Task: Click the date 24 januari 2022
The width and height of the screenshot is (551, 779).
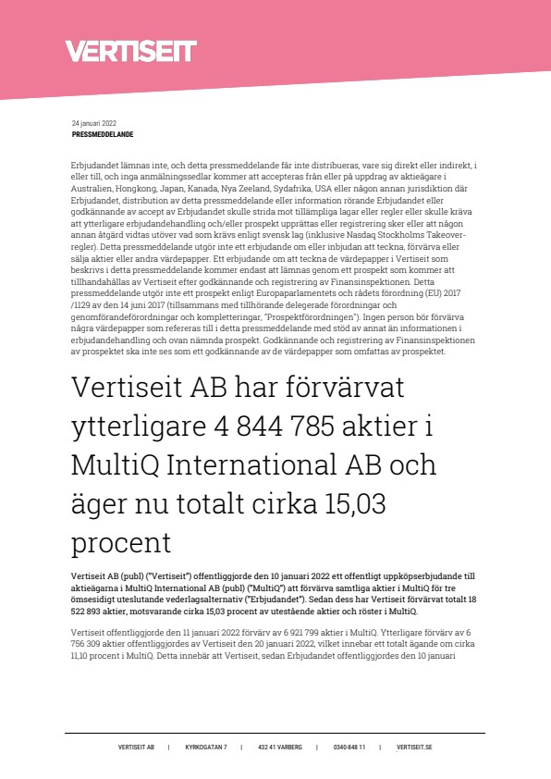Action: (95, 123)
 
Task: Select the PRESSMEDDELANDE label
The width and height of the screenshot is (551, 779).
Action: (103, 134)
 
